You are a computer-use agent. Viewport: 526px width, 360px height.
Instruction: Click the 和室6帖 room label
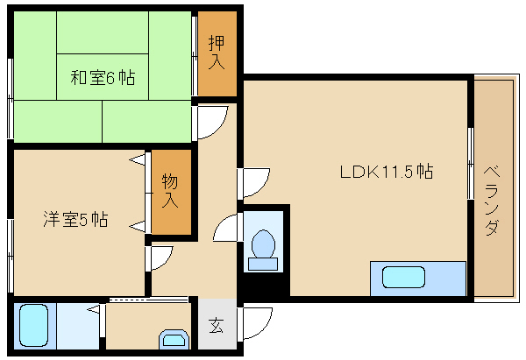tap(103, 77)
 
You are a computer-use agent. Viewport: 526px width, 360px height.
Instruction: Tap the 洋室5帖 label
tap(75, 219)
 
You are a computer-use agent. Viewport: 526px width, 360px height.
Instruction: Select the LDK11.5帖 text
tap(387, 172)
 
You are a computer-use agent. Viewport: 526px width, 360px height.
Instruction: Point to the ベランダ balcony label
tap(492, 201)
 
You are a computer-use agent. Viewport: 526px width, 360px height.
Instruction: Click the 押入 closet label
tap(217, 52)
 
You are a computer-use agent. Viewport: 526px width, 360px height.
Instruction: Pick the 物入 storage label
tap(170, 191)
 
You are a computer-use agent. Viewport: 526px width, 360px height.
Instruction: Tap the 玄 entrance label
tap(216, 325)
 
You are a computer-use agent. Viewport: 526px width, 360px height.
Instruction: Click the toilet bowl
tap(263, 244)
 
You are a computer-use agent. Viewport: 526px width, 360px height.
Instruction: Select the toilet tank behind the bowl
tap(263, 265)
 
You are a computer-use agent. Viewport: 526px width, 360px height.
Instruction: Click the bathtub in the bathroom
tap(33, 325)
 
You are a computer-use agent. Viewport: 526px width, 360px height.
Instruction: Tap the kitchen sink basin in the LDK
tap(403, 277)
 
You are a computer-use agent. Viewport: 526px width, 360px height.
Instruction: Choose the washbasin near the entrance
tap(174, 338)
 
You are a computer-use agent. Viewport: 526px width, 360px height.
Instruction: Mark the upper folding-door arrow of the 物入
tap(138, 159)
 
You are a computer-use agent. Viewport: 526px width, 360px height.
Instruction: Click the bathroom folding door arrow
tap(94, 310)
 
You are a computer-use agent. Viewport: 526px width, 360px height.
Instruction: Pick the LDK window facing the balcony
tap(471, 164)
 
